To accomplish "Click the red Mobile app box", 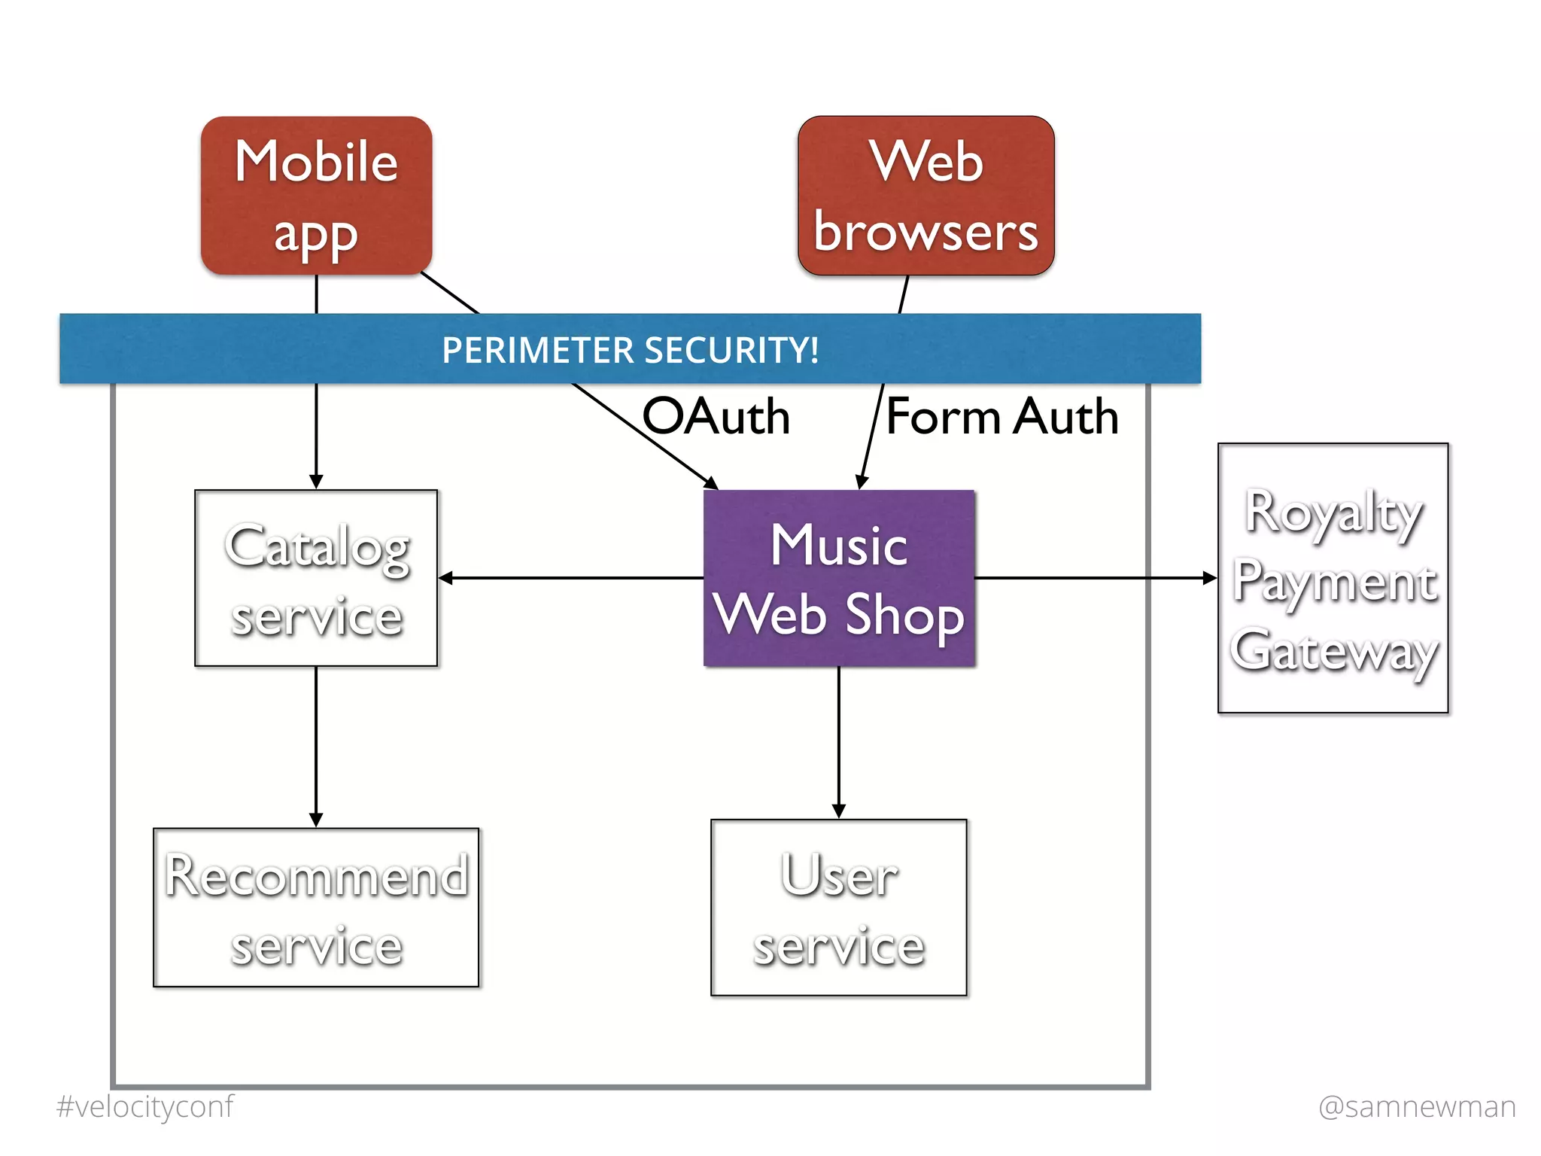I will (316, 196).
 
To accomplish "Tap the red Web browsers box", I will (926, 196).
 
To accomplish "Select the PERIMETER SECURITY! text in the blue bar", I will (631, 350).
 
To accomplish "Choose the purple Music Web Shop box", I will (839, 578).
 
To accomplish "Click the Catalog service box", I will (316, 578).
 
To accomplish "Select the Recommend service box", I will (316, 908).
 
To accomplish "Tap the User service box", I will (838, 908).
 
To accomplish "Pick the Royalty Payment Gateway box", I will (1333, 578).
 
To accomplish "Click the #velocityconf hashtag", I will (144, 1107).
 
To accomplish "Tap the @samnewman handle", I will (1417, 1107).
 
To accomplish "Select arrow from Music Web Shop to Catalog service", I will (572, 578).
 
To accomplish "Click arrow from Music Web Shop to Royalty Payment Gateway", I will (1095, 578).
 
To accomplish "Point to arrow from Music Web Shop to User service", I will (839, 741).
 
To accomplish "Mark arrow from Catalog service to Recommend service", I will (316, 745).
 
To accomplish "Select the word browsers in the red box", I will (926, 232).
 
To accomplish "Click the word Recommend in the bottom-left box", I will (316, 876).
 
